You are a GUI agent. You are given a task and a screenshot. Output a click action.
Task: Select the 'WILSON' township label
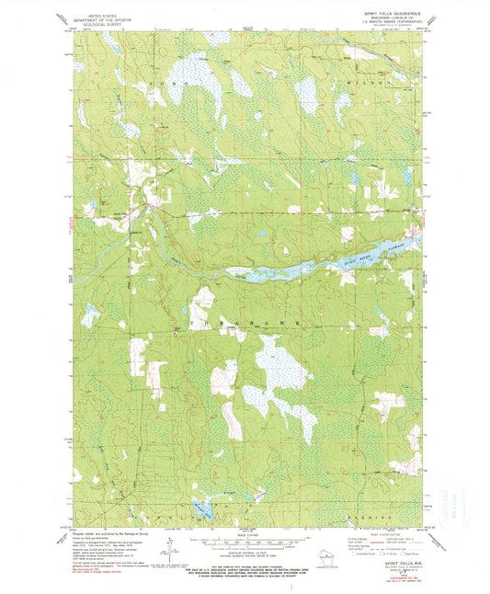click(x=371, y=83)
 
